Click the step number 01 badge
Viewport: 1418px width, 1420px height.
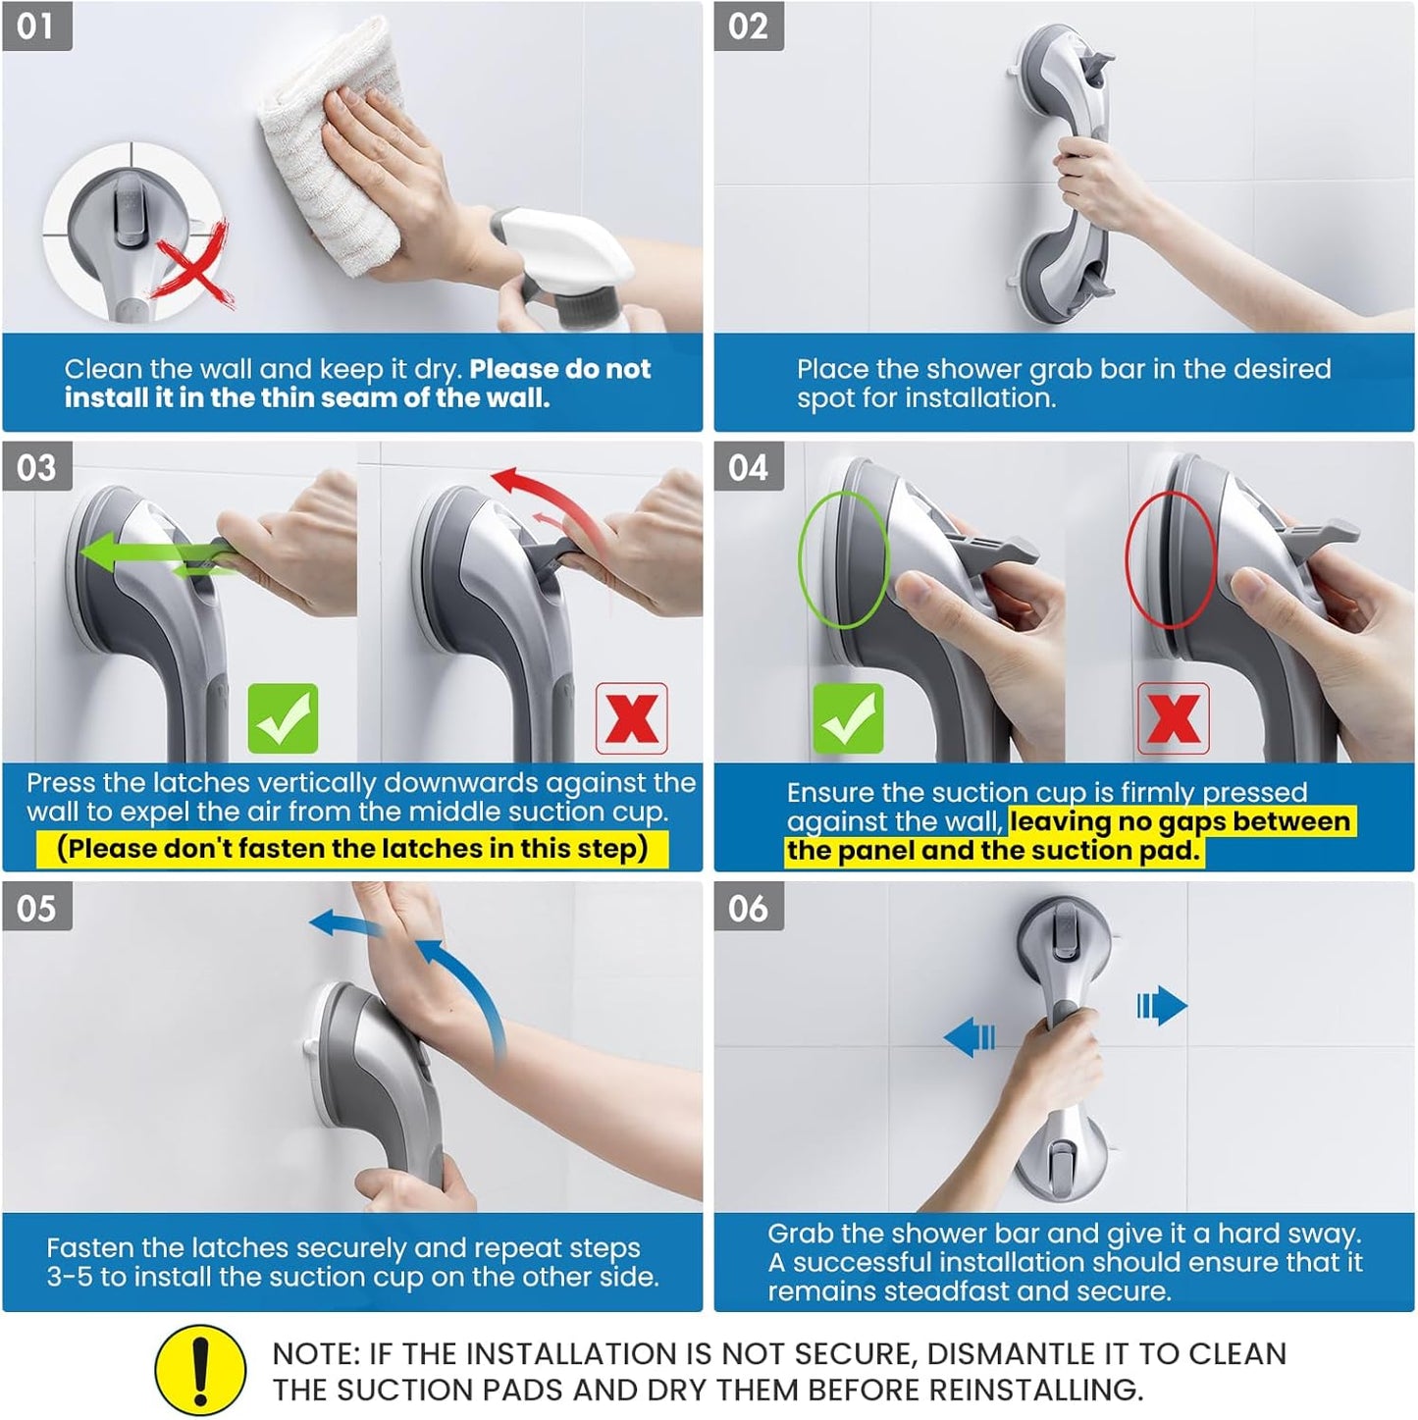coord(36,26)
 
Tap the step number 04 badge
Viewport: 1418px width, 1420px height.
coord(748,467)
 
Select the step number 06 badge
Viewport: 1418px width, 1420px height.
coord(748,908)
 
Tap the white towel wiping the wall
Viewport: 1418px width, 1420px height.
coord(329,128)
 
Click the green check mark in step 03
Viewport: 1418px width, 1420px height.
coord(283,718)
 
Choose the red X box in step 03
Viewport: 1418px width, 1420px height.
coord(632,718)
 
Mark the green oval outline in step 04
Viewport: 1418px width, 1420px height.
coord(843,559)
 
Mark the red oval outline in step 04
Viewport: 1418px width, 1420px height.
coord(1170,559)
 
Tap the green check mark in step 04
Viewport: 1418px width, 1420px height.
coord(848,718)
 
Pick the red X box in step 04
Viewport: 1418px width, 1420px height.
coord(1173,718)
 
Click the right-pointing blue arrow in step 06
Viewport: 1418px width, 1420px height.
coord(1162,1006)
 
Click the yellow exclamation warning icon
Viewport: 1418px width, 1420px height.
coord(200,1370)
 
